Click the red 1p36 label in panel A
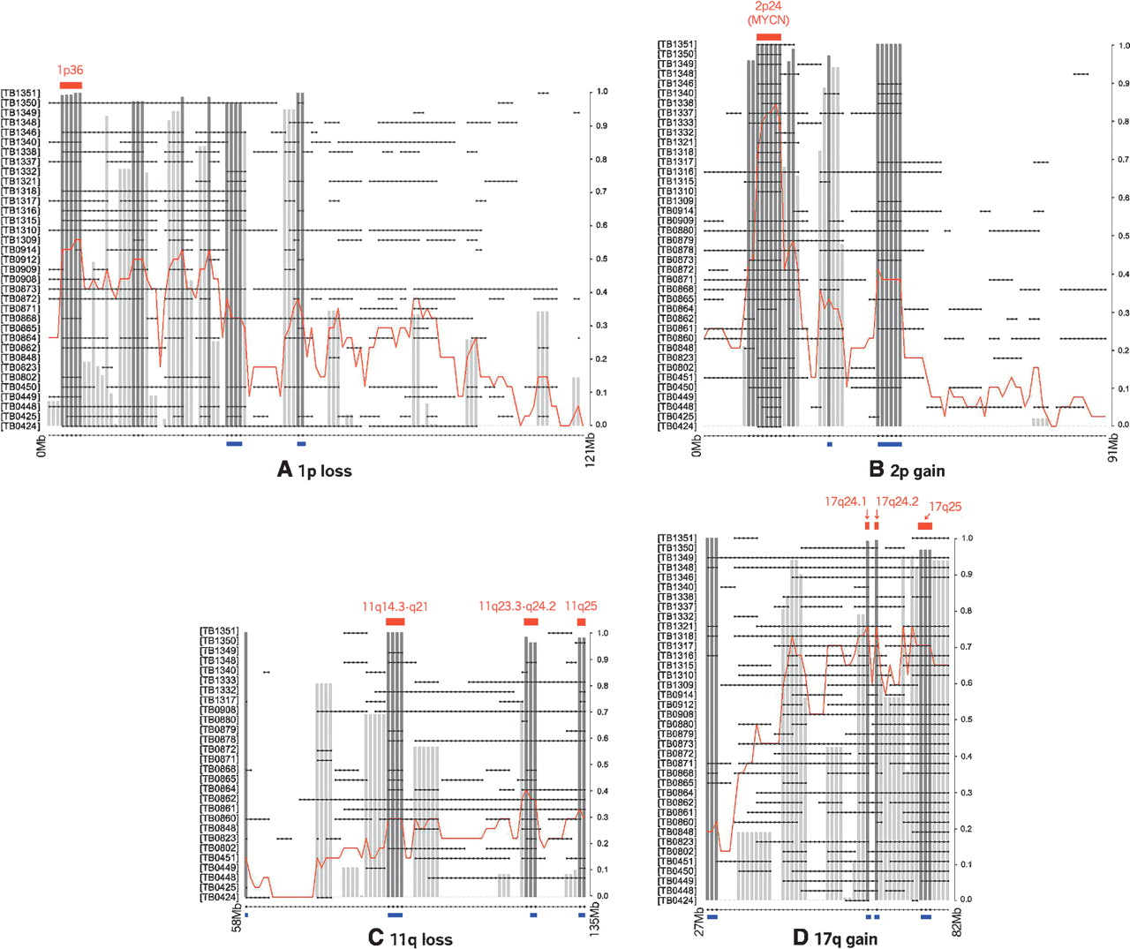[x=70, y=71]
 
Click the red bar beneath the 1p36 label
[x=71, y=85]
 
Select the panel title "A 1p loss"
[x=314, y=471]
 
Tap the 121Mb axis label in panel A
[x=591, y=448]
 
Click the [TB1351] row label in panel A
[x=20, y=93]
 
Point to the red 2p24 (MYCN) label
[x=768, y=13]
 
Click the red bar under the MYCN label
[x=769, y=36]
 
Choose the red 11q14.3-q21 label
[x=395, y=607]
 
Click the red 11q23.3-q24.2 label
[x=517, y=606]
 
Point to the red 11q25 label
[x=581, y=606]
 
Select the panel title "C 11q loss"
[x=410, y=939]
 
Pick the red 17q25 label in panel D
[x=945, y=508]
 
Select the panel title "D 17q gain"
[x=833, y=939]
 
